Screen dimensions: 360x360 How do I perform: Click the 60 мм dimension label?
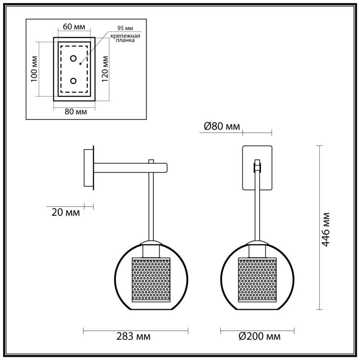coord(74,27)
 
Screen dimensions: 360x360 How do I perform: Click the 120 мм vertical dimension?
coord(105,69)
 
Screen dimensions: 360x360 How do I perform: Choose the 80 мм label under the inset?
coord(76,112)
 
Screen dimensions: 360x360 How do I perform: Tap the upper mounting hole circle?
coord(73,58)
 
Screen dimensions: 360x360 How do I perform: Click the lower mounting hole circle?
coord(73,81)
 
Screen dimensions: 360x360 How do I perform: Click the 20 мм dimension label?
coord(66,212)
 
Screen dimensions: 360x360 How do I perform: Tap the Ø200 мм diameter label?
coord(259,337)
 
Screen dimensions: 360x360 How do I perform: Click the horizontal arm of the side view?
coord(130,167)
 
